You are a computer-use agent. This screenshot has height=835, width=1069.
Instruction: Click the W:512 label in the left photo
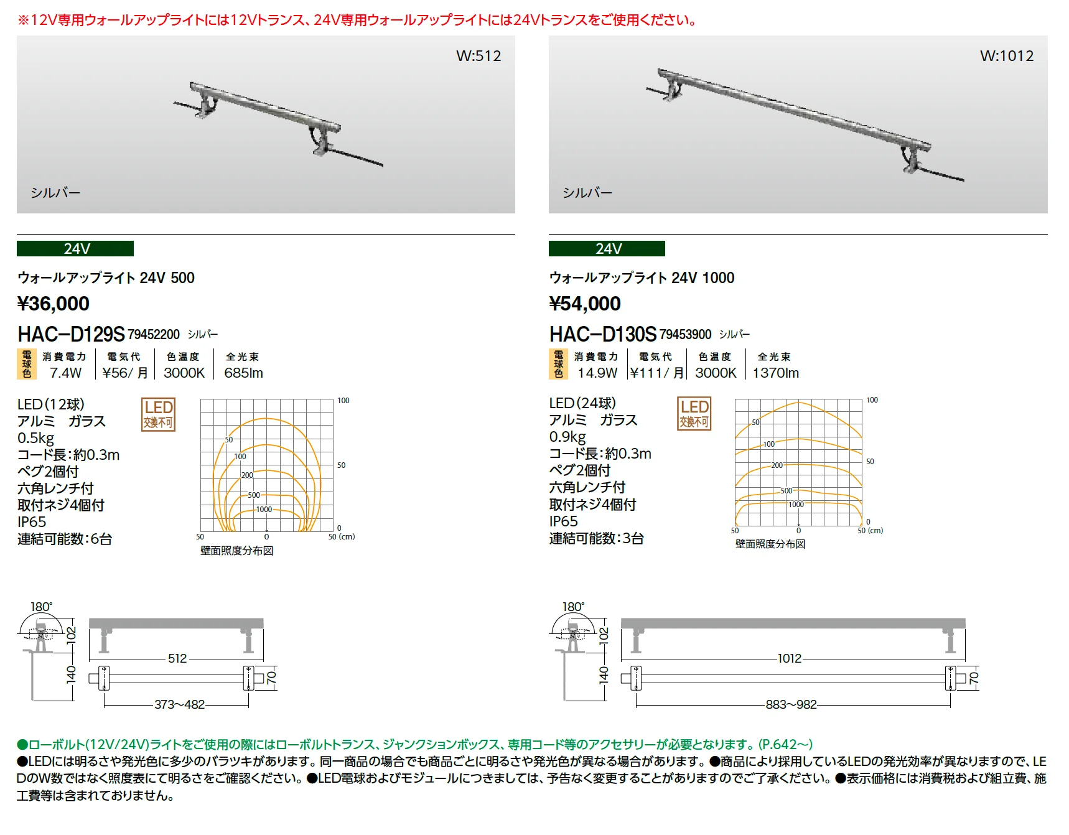tap(478, 56)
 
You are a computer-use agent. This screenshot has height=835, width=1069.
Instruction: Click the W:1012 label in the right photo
tap(1007, 56)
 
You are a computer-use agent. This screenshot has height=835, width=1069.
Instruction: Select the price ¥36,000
tap(54, 304)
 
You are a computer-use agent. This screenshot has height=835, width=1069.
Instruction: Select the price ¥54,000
tap(585, 304)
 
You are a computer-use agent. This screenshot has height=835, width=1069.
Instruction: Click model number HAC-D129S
tap(71, 334)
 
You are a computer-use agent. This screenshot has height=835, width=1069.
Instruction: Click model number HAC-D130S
tap(603, 334)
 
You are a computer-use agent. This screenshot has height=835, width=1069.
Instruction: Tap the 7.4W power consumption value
tap(66, 373)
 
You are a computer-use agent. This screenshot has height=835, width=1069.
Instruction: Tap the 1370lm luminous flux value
tap(776, 373)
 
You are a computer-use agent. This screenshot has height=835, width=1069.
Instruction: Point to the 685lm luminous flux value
tap(244, 373)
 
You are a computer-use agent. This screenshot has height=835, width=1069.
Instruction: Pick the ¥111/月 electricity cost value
tap(656, 373)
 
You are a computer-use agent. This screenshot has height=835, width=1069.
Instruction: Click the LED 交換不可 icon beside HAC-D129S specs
tap(159, 414)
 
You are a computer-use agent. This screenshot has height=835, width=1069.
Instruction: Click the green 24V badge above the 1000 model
tap(607, 249)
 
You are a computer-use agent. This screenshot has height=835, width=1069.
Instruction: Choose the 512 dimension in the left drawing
tap(177, 658)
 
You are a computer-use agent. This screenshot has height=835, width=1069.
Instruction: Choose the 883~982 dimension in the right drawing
tap(791, 704)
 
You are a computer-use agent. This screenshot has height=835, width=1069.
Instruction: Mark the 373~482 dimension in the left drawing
tap(180, 704)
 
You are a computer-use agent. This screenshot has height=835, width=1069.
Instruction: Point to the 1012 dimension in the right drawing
tap(790, 658)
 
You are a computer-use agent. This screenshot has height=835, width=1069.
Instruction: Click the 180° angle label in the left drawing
tap(42, 607)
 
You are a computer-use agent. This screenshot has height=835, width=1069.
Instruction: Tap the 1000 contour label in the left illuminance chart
tap(264, 510)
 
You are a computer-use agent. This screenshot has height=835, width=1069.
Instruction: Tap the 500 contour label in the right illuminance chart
tap(787, 491)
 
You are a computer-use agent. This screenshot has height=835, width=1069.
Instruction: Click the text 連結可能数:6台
tap(65, 539)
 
